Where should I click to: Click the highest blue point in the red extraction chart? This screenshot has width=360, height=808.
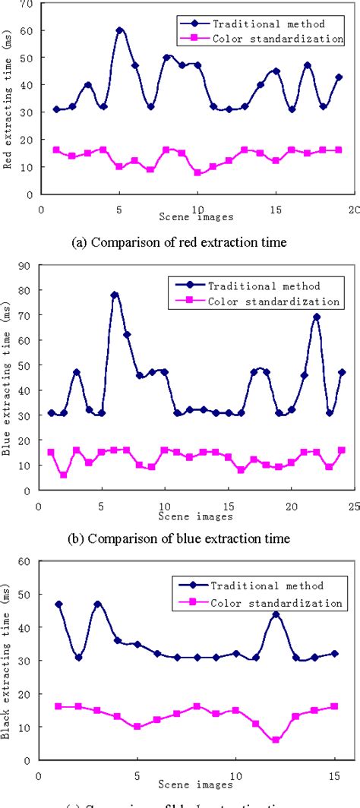(119, 30)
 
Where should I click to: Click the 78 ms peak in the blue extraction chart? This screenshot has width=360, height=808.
(115, 295)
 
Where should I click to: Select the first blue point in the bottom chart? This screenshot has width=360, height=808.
(58, 604)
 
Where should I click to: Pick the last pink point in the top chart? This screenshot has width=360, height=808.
(339, 150)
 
